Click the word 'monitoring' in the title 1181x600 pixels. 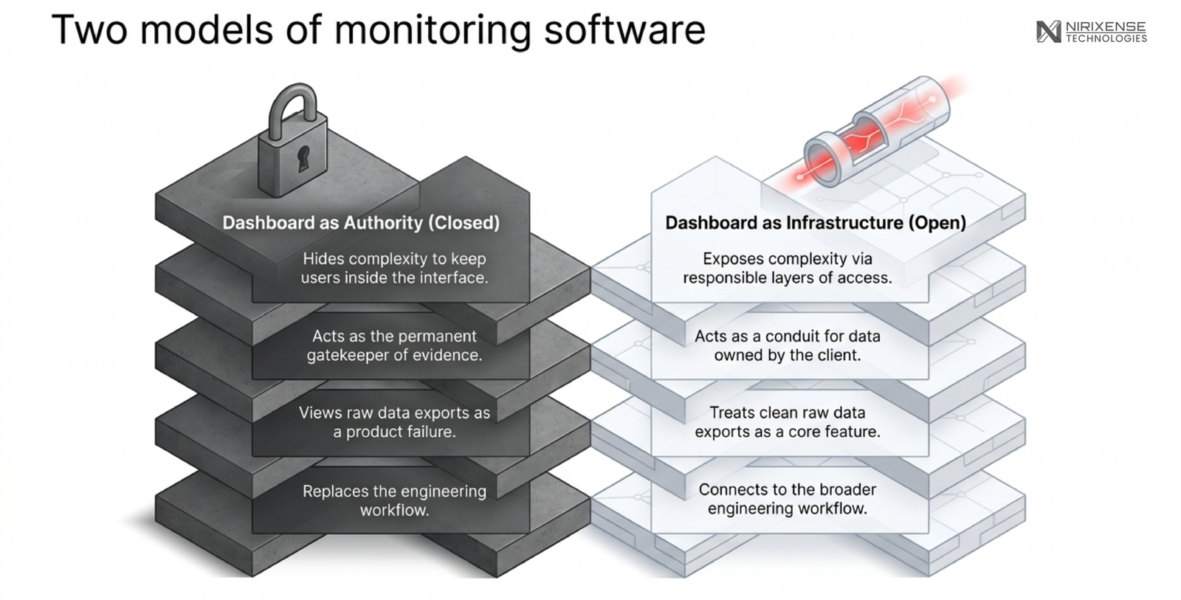[433, 30]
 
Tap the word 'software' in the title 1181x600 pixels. [624, 30]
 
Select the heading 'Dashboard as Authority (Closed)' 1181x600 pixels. [361, 222]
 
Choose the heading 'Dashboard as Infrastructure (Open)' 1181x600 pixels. [816, 222]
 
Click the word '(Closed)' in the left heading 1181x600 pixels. [464, 222]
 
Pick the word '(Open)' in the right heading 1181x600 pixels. [937, 222]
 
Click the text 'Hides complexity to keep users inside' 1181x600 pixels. [394, 268]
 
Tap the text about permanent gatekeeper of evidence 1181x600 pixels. [394, 345]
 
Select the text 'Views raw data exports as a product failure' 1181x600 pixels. [394, 422]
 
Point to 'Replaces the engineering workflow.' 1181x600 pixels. [394, 500]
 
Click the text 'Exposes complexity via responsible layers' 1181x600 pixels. [788, 268]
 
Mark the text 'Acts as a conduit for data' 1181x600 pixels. [788, 336]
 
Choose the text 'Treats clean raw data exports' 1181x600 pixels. [788, 422]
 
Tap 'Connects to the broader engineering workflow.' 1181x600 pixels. [788, 499]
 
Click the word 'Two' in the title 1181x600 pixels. [89, 30]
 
